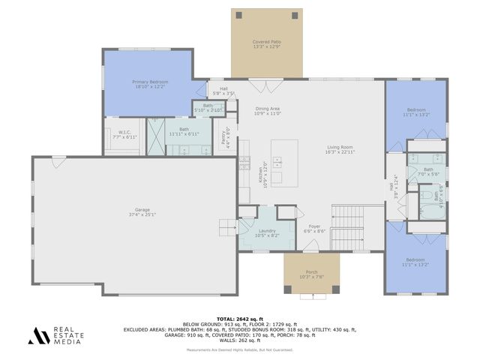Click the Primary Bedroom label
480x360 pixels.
click(x=151, y=82)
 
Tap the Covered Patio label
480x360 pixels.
click(x=266, y=42)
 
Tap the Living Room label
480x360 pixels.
click(x=340, y=147)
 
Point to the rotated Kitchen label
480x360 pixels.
click(x=261, y=174)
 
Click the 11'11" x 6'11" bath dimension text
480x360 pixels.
click(x=184, y=133)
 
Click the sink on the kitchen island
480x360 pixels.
click(x=278, y=160)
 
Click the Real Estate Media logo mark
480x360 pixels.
click(x=40, y=335)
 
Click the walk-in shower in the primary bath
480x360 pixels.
click(x=156, y=136)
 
